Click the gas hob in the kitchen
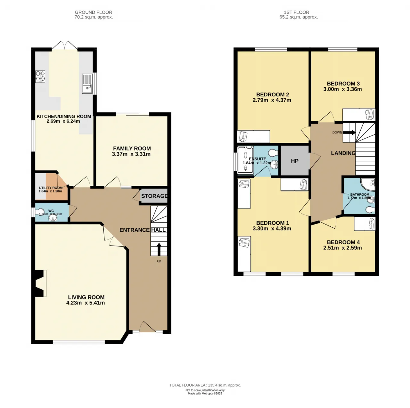tap(40, 76)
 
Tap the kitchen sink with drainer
tap(87, 84)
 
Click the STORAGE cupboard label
tap(154, 196)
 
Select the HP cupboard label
tap(294, 161)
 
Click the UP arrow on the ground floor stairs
tap(159, 249)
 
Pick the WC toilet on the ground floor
tap(40, 212)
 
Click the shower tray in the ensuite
tap(245, 160)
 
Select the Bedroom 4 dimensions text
tap(342, 248)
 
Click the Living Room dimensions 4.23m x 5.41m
tap(85, 303)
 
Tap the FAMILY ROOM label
tap(132, 149)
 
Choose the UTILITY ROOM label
tap(51, 188)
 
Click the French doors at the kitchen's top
tap(64, 45)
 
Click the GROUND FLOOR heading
tap(94, 12)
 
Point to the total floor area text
tap(205, 385)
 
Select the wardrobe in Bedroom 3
tap(359, 114)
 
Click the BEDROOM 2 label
tap(273, 94)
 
